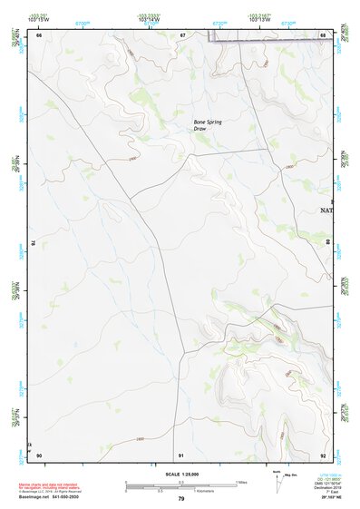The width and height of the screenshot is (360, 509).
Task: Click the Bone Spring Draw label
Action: coord(208,125)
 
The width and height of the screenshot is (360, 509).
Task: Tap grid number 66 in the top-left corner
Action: coord(39,35)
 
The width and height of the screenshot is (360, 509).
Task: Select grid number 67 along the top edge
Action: coord(182,35)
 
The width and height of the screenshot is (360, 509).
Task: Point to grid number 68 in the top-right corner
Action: coord(323,35)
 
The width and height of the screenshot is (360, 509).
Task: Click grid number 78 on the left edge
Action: coord(34,243)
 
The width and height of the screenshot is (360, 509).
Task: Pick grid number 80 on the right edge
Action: coord(327,243)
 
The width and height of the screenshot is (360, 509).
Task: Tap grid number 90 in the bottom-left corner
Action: coord(39,455)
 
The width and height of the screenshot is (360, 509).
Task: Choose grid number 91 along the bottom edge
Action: coord(181,455)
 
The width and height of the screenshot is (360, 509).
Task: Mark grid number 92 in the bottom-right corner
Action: coord(323,455)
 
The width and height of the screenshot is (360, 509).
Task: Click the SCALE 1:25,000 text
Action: coord(180,475)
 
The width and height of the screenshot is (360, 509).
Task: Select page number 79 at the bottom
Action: coord(180,499)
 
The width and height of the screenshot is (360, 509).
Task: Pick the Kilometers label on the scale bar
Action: coord(216,491)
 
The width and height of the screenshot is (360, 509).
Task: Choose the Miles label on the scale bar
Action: coord(241,482)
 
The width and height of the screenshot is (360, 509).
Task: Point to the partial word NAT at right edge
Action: coord(326,210)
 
